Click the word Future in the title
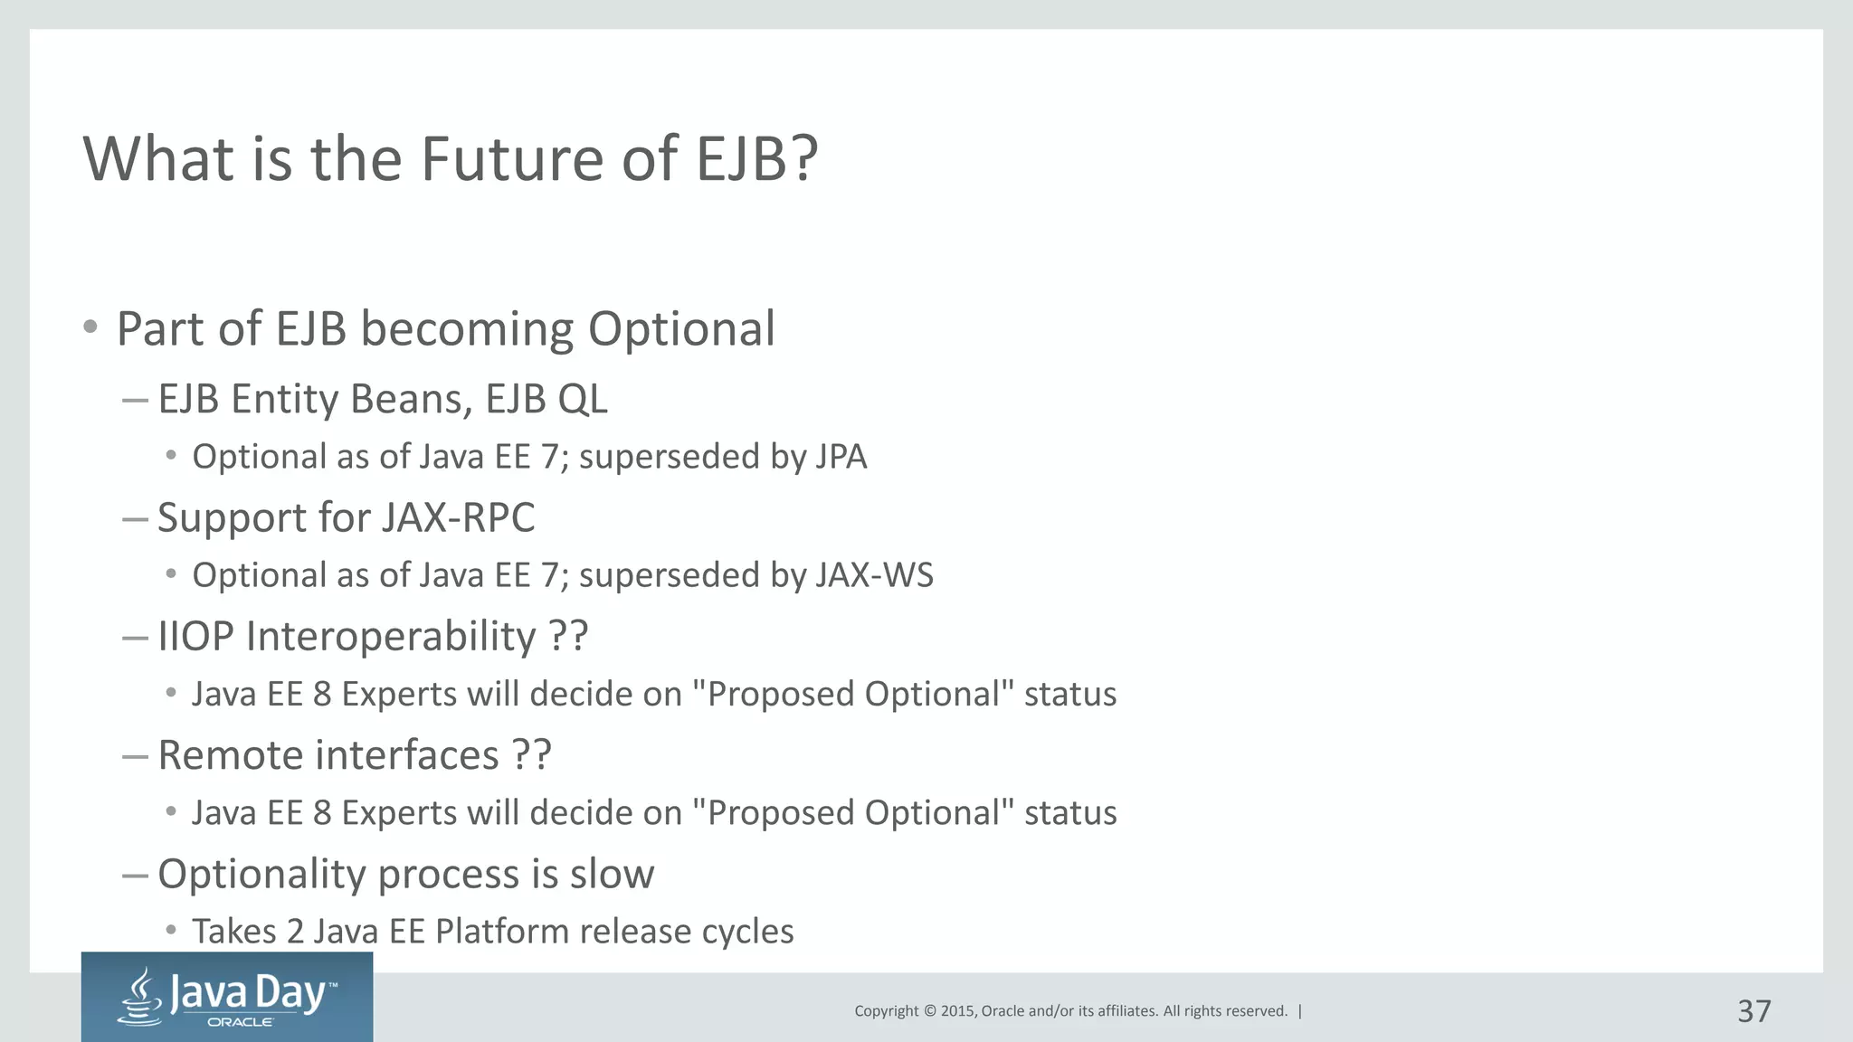513,159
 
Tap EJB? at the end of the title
756,159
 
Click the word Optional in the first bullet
680,329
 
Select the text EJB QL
546,399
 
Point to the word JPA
841,457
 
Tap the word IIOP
195,636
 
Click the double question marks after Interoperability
568,636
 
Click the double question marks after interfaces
531,755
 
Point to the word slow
612,874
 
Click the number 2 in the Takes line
295,932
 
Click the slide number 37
1753,1011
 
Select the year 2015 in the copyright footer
957,1011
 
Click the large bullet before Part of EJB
90,327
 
